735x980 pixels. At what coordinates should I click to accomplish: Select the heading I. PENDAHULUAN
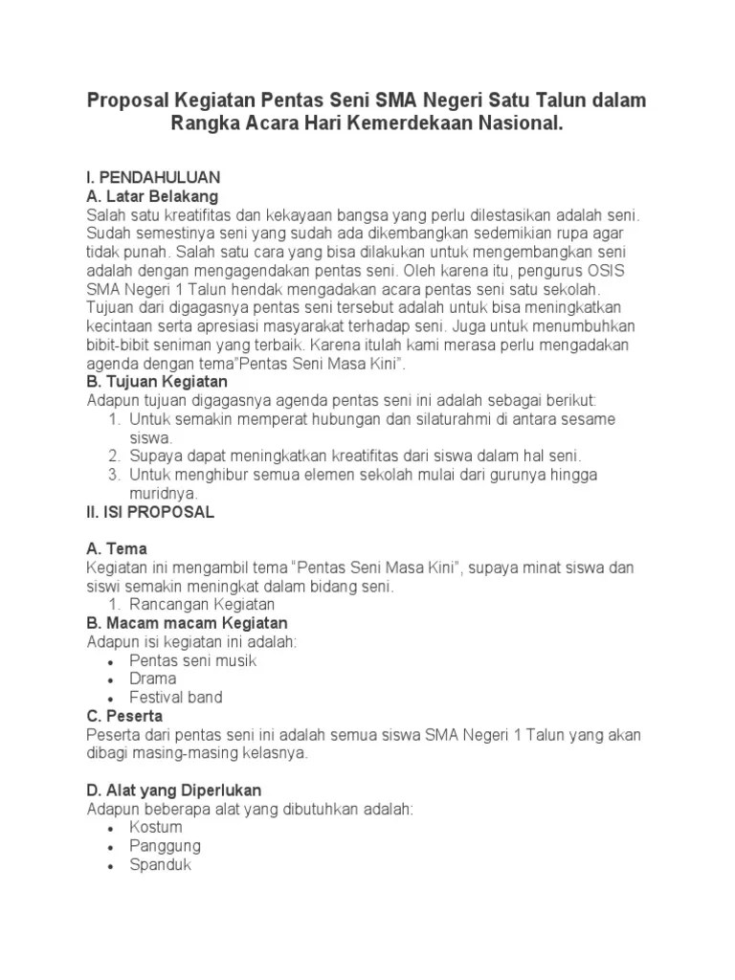click(x=153, y=178)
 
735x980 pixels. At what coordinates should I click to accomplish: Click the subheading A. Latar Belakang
click(x=152, y=196)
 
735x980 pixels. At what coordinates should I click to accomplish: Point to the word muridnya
click(x=163, y=493)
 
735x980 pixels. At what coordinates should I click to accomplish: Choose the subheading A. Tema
click(x=117, y=548)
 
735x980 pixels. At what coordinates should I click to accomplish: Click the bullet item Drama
click(x=153, y=679)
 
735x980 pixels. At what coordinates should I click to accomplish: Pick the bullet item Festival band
click(x=176, y=698)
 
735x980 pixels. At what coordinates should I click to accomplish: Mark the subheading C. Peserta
click(x=124, y=716)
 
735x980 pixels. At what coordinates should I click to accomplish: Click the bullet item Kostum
click(x=156, y=828)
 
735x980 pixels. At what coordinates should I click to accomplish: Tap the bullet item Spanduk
click(x=161, y=865)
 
